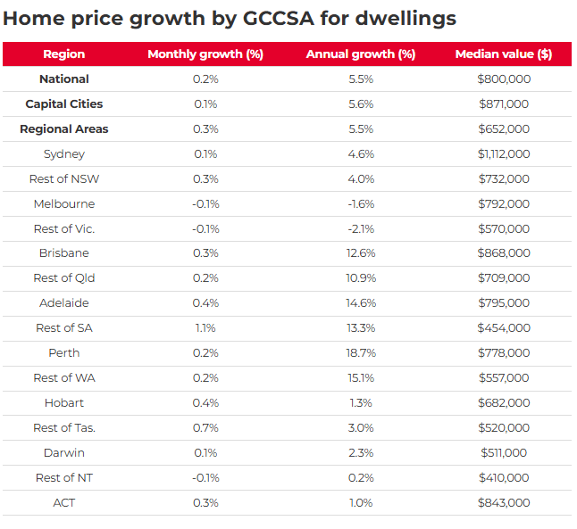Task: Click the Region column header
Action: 64,54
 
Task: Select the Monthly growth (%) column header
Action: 205,54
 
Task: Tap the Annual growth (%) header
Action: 361,54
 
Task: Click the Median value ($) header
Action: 504,54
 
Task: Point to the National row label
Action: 64,79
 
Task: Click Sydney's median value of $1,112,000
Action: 504,154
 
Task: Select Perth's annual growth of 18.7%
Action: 361,353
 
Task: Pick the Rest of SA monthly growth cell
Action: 205,328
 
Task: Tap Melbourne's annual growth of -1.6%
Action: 361,204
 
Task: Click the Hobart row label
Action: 64,403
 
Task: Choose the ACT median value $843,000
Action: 504,503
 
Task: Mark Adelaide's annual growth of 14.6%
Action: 361,303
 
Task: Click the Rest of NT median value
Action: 504,478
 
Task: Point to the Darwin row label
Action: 64,453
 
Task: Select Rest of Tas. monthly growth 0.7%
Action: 205,428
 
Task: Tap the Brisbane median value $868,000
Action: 504,253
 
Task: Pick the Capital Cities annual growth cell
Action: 361,104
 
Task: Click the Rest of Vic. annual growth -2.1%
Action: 361,229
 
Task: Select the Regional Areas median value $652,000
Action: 504,129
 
